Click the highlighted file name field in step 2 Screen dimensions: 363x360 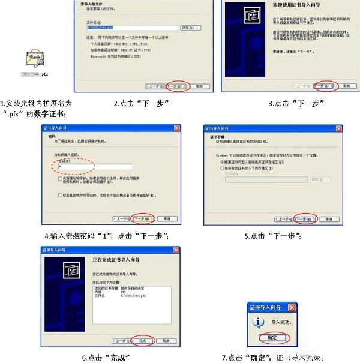tap(131, 27)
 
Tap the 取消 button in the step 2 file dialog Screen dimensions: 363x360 tap(199, 86)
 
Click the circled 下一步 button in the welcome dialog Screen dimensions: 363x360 tap(324, 86)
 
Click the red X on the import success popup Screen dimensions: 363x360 tap(292, 308)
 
